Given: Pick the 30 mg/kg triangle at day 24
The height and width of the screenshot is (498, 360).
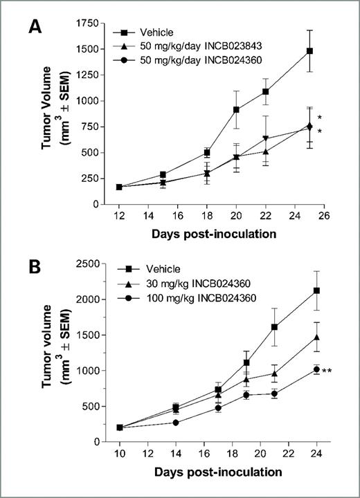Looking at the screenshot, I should pyautogui.click(x=316, y=337).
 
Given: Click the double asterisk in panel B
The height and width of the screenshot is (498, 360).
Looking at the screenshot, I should pyautogui.click(x=327, y=371).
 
